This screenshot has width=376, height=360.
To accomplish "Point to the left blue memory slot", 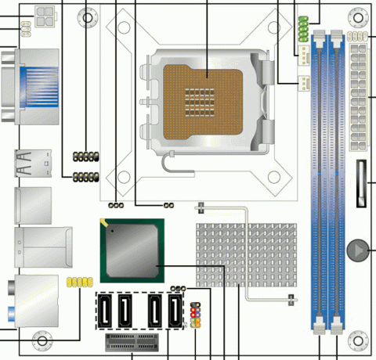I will (321, 180).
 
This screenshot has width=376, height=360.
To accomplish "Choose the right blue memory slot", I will (339, 180).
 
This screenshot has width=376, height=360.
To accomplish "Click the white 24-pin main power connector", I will (360, 98).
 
